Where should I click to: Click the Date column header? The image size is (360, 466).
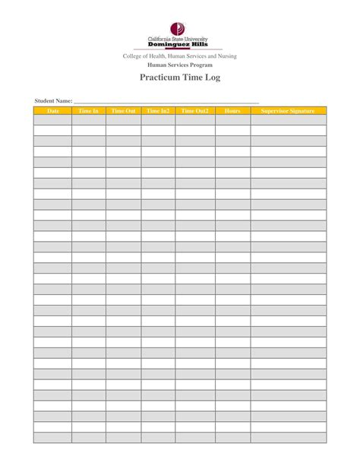tap(52, 111)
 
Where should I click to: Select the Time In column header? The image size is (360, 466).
tap(89, 111)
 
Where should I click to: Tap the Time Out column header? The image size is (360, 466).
tap(123, 111)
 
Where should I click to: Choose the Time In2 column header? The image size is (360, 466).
tap(158, 111)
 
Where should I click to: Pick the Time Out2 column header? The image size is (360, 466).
tap(195, 111)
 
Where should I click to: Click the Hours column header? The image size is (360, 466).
tap(232, 111)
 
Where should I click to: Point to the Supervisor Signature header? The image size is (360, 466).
tap(288, 111)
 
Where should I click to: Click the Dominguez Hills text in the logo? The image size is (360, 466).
tap(180, 44)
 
